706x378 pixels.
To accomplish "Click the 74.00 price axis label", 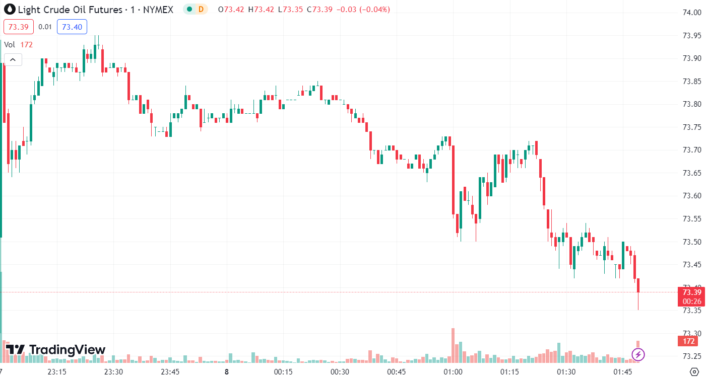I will pos(691,13).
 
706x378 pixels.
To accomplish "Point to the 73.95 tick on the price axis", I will pos(691,36).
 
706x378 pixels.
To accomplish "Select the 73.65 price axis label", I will pos(691,173).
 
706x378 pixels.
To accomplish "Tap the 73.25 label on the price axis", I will pos(691,356).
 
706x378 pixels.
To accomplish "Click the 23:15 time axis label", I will pos(57,372).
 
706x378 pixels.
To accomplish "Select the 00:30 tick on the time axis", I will pos(340,372).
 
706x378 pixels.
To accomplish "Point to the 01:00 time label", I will pos(453,372).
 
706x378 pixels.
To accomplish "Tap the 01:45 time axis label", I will pos(623,372).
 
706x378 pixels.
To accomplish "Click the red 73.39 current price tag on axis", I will pos(691,292).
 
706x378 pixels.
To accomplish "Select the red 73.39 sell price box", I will pos(19,27).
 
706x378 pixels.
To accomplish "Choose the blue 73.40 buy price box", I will pos(72,27).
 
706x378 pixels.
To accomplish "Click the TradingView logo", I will pos(55,350).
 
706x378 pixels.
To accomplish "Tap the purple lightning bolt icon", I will pos(638,354).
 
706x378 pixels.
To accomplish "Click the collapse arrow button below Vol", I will pos(13,60).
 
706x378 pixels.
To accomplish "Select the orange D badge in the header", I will pos(201,9).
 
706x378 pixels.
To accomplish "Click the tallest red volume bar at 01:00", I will pos(453,345).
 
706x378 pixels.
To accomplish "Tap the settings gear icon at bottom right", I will pos(694,372).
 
